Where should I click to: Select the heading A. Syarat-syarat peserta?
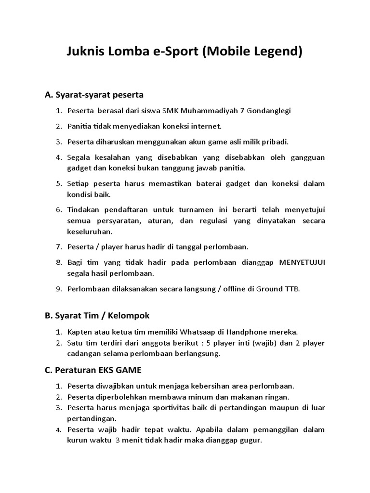pyautogui.click(x=94, y=94)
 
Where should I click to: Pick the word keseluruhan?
pyautogui.click(x=90, y=231)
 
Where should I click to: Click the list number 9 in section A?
pyautogui.click(x=59, y=289)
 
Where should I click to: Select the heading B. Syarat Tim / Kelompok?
pyautogui.click(x=97, y=315)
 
